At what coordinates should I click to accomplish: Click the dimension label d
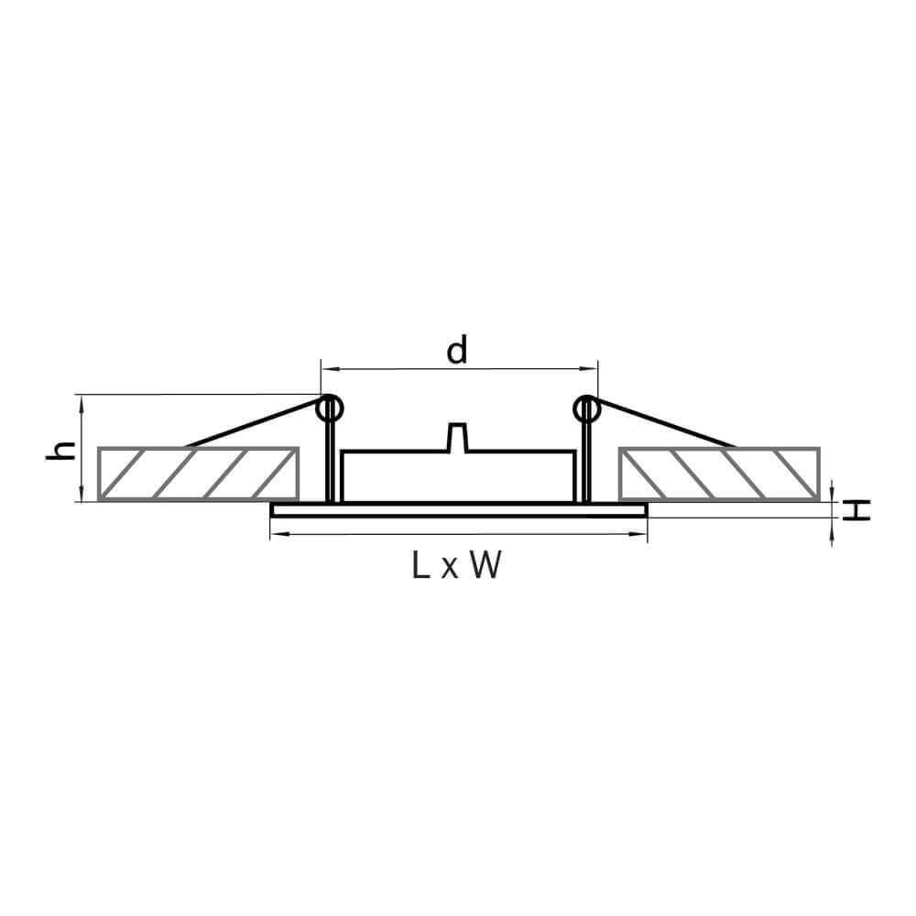point(457,350)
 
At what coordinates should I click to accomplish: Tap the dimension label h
point(61,451)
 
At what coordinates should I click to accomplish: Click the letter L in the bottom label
point(420,565)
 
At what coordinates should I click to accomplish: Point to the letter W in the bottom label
point(485,565)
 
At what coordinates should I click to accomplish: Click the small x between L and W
point(449,569)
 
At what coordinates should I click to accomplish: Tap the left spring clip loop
point(330,409)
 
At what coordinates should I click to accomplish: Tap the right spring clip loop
point(586,409)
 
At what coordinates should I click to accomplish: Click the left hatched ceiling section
point(199,474)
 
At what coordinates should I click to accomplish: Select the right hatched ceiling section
point(720,474)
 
